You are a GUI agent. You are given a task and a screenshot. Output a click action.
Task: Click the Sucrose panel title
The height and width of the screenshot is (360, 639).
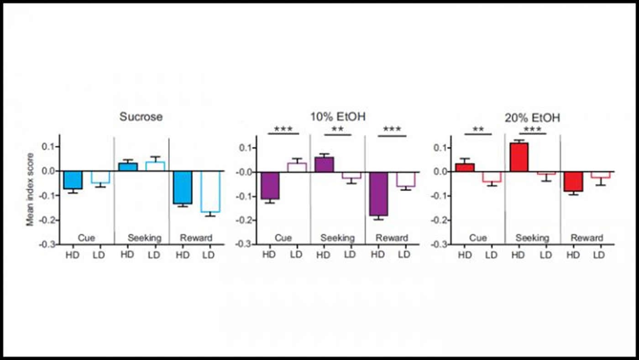pos(141,116)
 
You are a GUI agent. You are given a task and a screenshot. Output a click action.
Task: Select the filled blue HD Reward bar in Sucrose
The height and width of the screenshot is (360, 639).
pos(183,187)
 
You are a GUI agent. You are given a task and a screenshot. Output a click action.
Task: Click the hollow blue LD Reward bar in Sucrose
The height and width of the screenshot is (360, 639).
pos(210,192)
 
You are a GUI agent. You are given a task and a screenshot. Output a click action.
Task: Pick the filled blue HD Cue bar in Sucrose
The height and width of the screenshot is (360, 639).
pos(73,180)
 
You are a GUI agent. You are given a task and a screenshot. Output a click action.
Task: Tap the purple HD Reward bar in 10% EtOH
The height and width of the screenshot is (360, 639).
pos(379,193)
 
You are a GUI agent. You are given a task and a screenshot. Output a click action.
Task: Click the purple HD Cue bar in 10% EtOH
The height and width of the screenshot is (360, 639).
pos(270,185)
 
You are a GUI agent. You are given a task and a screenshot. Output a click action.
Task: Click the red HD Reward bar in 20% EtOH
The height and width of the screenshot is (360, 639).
pos(573,181)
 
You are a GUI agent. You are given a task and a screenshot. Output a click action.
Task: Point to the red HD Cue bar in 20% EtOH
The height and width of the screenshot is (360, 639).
pos(465,167)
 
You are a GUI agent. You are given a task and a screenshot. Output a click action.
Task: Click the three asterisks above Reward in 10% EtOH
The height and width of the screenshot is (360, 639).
pos(392,130)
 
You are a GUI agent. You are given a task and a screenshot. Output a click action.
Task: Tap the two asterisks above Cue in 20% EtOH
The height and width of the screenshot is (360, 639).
pos(478,129)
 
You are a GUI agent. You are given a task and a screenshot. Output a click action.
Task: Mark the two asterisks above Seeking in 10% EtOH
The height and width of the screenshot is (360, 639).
pos(337,130)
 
